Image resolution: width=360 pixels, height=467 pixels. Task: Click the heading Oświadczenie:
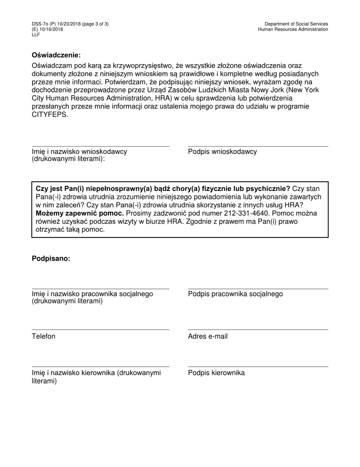pyautogui.click(x=56, y=55)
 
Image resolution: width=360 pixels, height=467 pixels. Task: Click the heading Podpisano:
pyautogui.click(x=51, y=259)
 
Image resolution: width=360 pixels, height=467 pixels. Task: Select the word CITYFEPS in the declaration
pyautogui.click(x=50, y=114)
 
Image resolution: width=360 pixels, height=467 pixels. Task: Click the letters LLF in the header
pyautogui.click(x=36, y=35)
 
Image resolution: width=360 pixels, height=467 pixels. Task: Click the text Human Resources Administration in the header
pyautogui.click(x=293, y=29)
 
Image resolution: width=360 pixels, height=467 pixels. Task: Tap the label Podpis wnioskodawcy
pyautogui.click(x=222, y=152)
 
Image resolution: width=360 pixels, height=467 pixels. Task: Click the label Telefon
pyautogui.click(x=44, y=336)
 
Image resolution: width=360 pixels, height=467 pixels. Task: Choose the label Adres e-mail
pyautogui.click(x=208, y=336)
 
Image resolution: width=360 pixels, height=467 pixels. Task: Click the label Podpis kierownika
pyautogui.click(x=216, y=373)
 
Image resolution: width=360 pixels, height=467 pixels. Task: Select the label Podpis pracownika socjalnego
pyautogui.click(x=235, y=294)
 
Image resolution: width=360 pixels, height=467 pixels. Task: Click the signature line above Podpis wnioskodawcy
pyautogui.click(x=258, y=146)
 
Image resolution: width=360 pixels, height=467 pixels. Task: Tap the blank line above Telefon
pyautogui.click(x=100, y=330)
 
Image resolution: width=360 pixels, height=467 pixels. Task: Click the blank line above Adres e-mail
pyautogui.click(x=258, y=330)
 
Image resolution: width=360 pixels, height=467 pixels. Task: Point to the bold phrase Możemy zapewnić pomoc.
pyautogui.click(x=80, y=213)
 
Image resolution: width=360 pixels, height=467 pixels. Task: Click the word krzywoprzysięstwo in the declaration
pyautogui.click(x=139, y=66)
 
